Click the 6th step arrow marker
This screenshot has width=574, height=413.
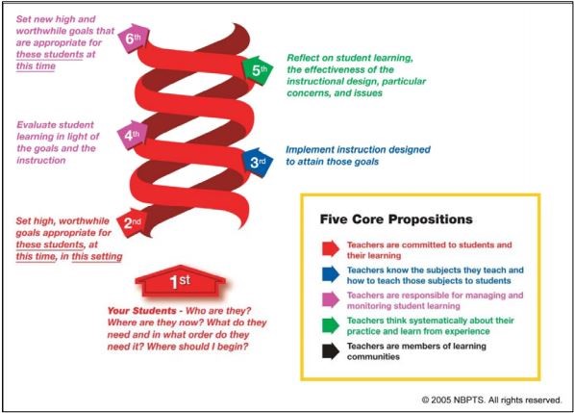pos(134,38)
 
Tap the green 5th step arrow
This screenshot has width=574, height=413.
pos(258,69)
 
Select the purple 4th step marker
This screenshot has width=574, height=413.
pos(133,135)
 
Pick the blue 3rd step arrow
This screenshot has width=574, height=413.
pos(258,162)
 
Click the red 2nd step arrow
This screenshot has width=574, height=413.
pos(132,222)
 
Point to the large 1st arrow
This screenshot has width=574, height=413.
pos(180,281)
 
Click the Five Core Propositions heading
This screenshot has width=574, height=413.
pos(396,219)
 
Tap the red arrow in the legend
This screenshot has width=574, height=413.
pos(331,248)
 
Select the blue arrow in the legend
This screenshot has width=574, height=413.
pos(331,274)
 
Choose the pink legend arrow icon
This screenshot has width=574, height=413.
pos(331,299)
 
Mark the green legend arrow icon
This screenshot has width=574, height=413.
pos(331,325)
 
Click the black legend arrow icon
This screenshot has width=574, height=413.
pos(331,351)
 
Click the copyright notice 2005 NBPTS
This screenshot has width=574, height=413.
pos(491,400)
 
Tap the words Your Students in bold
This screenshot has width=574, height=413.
pos(141,311)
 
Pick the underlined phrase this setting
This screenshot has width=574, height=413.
pos(97,256)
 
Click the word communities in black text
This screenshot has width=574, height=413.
pos(373,356)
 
